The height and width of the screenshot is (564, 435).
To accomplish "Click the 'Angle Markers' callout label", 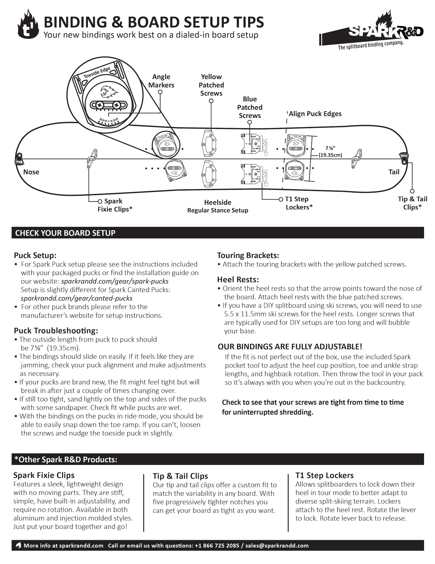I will pos(161,81).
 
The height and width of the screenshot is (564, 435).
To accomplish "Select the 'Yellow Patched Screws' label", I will pos(211,85).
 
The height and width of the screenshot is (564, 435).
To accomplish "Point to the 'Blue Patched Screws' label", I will pos(250,107).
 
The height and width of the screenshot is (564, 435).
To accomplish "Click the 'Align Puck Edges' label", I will pos(315,114).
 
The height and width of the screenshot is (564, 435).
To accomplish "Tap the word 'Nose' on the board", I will pos(31,172).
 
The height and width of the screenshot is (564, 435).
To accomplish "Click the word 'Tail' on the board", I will pos(394,172).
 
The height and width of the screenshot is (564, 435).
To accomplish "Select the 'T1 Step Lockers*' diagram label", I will pos(299,203).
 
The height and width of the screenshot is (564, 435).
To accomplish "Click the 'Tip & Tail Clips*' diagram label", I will pos(412,203).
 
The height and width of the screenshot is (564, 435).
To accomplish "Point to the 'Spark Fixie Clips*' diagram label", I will pos(115,205).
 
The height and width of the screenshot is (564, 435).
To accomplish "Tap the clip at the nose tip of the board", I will pos(19,159).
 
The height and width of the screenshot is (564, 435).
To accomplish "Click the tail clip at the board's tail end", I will pos(404,157).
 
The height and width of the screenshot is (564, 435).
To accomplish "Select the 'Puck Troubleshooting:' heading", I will pos(56,331).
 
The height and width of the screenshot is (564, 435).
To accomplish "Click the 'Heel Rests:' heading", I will pos(238,279).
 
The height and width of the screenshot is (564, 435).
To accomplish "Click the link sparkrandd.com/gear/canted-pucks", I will pos(77,298).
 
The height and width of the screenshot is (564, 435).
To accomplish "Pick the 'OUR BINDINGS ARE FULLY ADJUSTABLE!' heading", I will pos(290,347).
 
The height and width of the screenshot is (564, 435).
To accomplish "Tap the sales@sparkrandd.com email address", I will pos(277,546).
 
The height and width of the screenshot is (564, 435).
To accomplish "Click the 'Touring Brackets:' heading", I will pos(248,255).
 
